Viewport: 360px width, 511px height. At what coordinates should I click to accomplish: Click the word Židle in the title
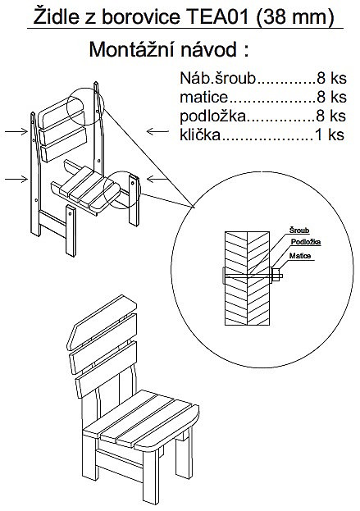click(x=56, y=16)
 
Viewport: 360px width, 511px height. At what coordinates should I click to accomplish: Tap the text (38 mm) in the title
click(x=295, y=17)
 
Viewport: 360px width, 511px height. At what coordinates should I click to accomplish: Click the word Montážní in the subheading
click(x=131, y=49)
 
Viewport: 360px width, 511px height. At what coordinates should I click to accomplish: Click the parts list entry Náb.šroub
click(x=218, y=78)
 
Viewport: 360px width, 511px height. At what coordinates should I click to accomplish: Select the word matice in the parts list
click(x=204, y=97)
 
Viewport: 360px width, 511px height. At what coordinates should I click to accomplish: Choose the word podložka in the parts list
click(x=212, y=116)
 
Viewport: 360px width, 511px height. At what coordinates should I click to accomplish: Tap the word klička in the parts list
click(x=200, y=135)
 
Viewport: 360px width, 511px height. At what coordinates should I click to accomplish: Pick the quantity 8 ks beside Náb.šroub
click(x=331, y=78)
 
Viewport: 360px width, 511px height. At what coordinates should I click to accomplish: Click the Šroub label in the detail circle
click(x=299, y=230)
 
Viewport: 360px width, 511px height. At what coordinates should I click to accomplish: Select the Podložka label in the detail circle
click(x=306, y=242)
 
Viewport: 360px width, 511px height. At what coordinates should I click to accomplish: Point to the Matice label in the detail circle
click(x=300, y=256)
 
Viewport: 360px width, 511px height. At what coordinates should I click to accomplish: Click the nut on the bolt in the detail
click(x=276, y=276)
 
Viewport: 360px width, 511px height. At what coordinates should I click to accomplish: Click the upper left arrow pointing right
click(x=16, y=131)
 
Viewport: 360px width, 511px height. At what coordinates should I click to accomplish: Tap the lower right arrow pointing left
click(x=157, y=179)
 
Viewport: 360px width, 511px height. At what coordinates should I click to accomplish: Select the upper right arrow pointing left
click(x=157, y=131)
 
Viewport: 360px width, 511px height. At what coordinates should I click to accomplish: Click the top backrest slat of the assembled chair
click(x=102, y=321)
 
